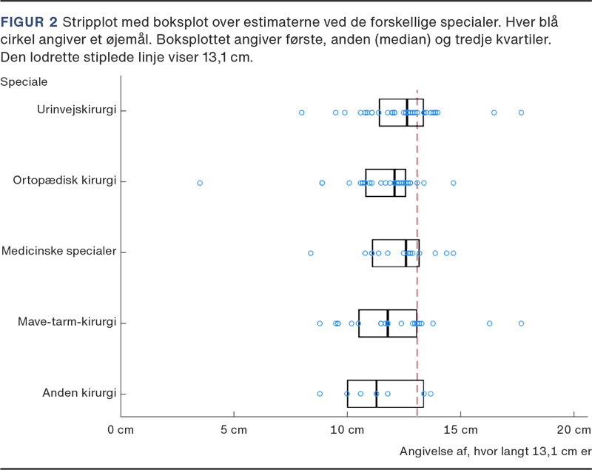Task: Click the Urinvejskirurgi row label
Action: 77,110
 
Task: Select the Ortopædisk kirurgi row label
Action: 66,181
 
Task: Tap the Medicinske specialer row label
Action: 59,252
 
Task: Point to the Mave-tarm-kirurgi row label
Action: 70,322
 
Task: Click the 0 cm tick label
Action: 121,430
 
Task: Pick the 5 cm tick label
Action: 234,430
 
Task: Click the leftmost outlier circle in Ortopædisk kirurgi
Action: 199,182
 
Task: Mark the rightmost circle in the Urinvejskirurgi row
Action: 521,113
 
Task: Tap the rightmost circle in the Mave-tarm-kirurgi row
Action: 521,323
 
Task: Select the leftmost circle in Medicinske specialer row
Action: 311,253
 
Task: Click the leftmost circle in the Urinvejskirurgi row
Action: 301,113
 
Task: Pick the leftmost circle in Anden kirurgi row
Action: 320,394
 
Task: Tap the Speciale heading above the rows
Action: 24,81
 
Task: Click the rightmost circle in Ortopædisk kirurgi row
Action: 453,182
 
